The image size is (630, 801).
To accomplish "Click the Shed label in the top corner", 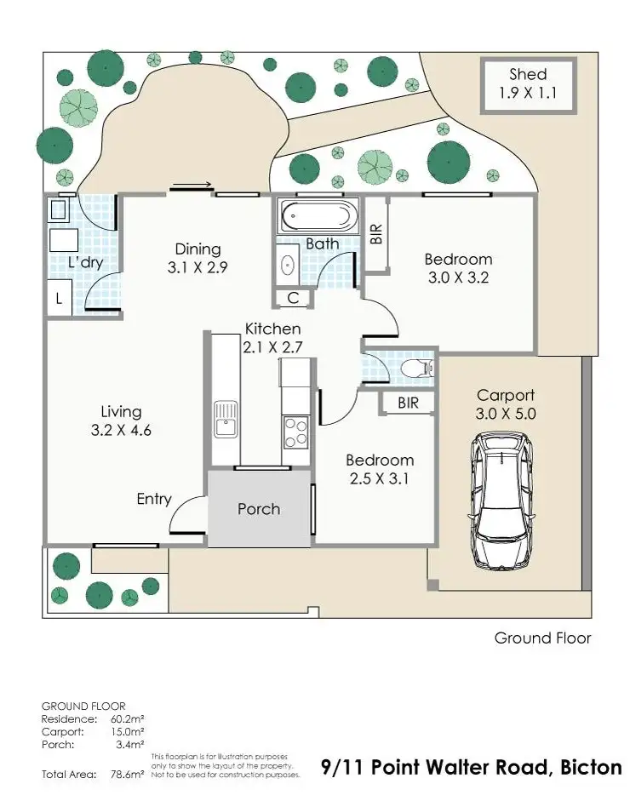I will (528, 74).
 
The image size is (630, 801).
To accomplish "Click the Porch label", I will (259, 509).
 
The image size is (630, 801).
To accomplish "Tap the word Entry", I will (154, 500).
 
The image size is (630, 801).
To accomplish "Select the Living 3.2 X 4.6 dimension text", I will (120, 431).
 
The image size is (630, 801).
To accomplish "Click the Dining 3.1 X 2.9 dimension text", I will (198, 266).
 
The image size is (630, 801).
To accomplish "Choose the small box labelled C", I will (293, 298).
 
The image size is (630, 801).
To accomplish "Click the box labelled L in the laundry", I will (58, 299).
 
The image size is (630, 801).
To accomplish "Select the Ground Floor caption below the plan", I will (542, 638).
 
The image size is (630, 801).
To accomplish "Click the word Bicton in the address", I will (592, 767).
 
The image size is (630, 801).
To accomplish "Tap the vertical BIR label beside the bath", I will (376, 234).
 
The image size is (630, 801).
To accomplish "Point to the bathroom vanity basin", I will (287, 266).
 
